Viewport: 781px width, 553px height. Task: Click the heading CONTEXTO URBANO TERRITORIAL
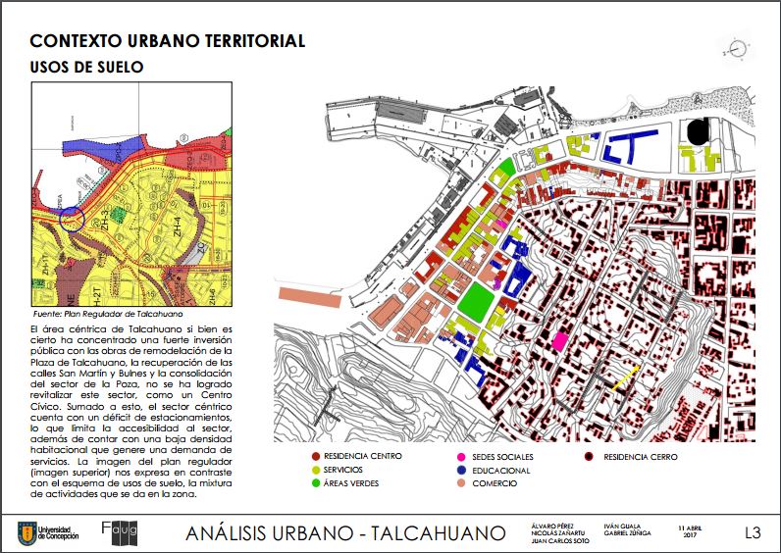pyautogui.click(x=167, y=41)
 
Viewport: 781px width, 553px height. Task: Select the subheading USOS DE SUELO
pyautogui.click(x=87, y=68)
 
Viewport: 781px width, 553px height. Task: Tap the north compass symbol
pyautogui.click(x=736, y=46)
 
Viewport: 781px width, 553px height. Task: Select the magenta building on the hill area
pyautogui.click(x=560, y=340)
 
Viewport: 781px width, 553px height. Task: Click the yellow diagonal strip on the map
pyautogui.click(x=626, y=378)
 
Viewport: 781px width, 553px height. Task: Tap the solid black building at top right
pyautogui.click(x=698, y=130)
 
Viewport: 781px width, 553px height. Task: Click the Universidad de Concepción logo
pyautogui.click(x=48, y=533)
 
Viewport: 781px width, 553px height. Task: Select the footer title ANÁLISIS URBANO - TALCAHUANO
pyautogui.click(x=345, y=533)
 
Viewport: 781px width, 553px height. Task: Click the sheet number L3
pyautogui.click(x=753, y=533)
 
